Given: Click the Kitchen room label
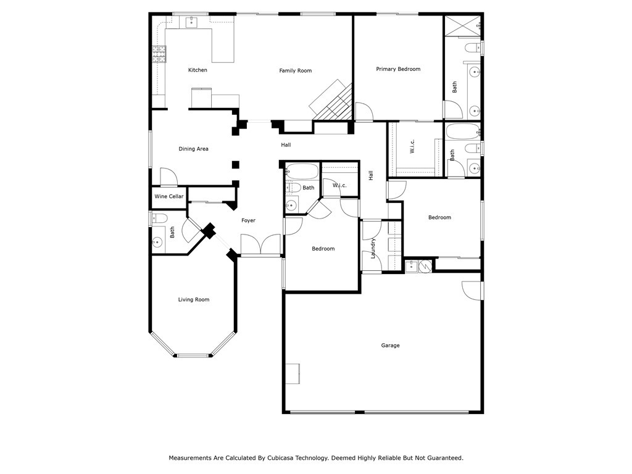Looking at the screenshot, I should [197, 70].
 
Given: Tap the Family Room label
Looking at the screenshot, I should [295, 71].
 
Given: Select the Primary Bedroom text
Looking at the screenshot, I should [398, 69].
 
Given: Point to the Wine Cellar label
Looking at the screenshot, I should [168, 196].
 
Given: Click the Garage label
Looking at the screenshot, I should [390, 346].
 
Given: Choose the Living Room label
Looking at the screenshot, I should [194, 300].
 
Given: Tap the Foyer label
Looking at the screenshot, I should [248, 220].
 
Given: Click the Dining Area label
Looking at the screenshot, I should [193, 149].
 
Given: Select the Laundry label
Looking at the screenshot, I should [373, 248].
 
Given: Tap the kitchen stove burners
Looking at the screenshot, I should [159, 55].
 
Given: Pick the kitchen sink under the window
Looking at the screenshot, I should [190, 23].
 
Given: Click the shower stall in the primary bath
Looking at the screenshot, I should [462, 27].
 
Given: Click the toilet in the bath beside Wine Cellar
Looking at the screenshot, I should [159, 218].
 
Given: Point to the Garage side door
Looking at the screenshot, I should [472, 290].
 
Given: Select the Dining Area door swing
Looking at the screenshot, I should [168, 177].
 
